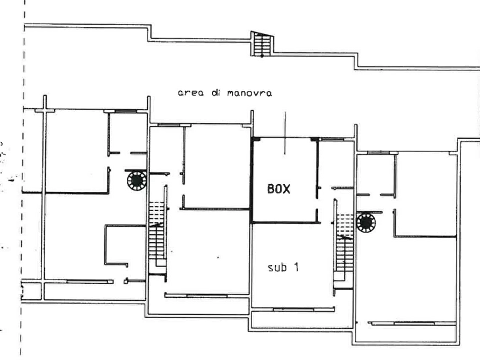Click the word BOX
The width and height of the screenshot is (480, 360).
tap(278, 189)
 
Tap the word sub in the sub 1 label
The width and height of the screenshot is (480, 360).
tap(277, 268)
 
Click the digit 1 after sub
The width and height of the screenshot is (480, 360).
tap(296, 267)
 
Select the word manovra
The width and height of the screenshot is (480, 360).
tap(249, 93)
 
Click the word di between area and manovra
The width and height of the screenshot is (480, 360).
tap(216, 93)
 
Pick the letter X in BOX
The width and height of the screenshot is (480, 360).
tap(286, 189)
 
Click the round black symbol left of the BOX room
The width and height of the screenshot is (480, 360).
tap(137, 181)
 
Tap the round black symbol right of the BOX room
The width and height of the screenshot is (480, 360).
tap(366, 222)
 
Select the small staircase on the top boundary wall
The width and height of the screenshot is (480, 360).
tap(262, 44)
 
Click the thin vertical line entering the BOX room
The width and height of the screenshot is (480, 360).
tap(285, 133)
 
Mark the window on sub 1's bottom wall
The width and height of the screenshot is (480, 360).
tap(293, 309)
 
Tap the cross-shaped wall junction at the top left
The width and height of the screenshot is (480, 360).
tap(45, 110)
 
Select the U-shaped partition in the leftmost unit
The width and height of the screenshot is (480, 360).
tap(105, 245)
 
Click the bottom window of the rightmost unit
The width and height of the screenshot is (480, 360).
tap(414, 323)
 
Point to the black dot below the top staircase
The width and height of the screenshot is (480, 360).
tap(262, 56)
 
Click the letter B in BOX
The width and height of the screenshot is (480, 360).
tap(270, 189)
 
